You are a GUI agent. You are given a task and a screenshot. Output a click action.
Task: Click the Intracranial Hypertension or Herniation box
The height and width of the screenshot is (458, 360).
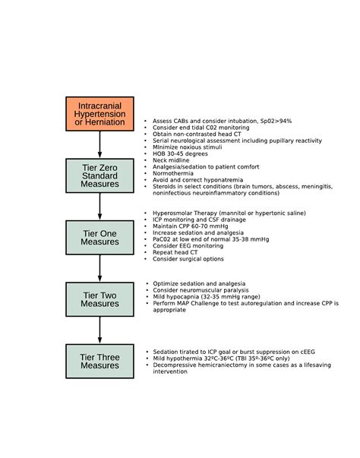(x=99, y=113)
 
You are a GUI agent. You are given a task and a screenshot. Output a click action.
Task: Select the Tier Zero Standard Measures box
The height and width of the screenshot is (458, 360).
(x=99, y=175)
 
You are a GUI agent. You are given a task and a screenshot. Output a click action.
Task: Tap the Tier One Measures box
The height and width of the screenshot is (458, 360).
(x=99, y=237)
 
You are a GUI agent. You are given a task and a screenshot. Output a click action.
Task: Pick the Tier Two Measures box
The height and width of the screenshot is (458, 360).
(x=99, y=298)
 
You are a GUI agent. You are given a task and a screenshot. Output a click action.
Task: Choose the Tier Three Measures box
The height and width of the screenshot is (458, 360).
(x=99, y=360)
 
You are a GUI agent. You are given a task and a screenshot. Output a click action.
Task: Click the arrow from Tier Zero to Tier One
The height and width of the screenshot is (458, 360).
(x=99, y=207)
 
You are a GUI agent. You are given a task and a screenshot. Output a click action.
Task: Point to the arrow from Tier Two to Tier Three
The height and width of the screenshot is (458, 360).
(x=99, y=330)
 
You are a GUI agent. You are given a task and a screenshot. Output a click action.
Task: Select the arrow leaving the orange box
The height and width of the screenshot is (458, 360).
(x=99, y=144)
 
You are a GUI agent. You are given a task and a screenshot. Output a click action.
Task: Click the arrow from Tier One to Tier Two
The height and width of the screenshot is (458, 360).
(x=99, y=268)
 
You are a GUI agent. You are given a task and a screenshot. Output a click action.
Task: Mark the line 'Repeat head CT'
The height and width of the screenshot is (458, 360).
(x=178, y=252)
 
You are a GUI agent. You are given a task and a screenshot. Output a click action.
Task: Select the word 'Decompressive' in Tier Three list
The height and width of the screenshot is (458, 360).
(x=177, y=365)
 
